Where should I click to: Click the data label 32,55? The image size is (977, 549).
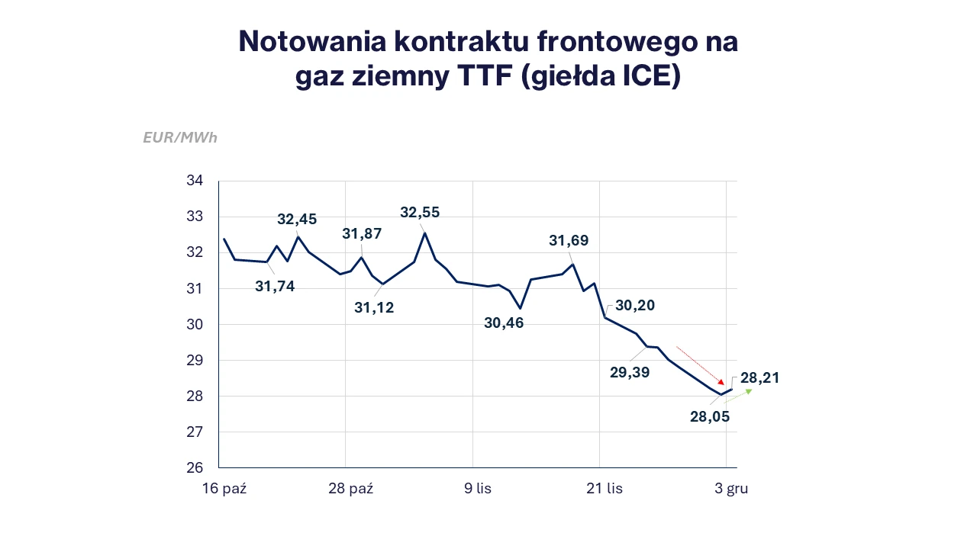pyautogui.click(x=420, y=212)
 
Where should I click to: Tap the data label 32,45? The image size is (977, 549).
pyautogui.click(x=297, y=220)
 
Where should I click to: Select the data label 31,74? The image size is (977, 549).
pyautogui.click(x=275, y=286)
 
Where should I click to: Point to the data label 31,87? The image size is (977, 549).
pyautogui.click(x=362, y=234)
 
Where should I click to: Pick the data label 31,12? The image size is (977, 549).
pyautogui.click(x=374, y=308)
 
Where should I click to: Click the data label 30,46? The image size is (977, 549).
pyautogui.click(x=504, y=323)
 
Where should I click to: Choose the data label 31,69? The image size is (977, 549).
pyautogui.click(x=569, y=241)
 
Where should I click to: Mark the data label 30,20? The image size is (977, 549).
pyautogui.click(x=635, y=306)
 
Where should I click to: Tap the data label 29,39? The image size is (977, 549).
pyautogui.click(x=630, y=372)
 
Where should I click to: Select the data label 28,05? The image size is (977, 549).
pyautogui.click(x=710, y=416)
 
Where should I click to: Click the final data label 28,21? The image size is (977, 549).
pyautogui.click(x=760, y=378)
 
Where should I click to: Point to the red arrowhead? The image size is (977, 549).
pyautogui.click(x=720, y=381)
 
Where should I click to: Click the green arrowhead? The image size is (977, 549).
pyautogui.click(x=749, y=392)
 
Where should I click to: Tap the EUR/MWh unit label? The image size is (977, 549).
pyautogui.click(x=180, y=138)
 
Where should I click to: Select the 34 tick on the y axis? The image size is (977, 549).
pyautogui.click(x=195, y=181)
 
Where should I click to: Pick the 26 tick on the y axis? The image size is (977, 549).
pyautogui.click(x=195, y=468)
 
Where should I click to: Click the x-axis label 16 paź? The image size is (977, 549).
pyautogui.click(x=224, y=489)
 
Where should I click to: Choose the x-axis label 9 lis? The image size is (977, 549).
pyautogui.click(x=478, y=489)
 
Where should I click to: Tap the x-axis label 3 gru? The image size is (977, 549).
pyautogui.click(x=731, y=489)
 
